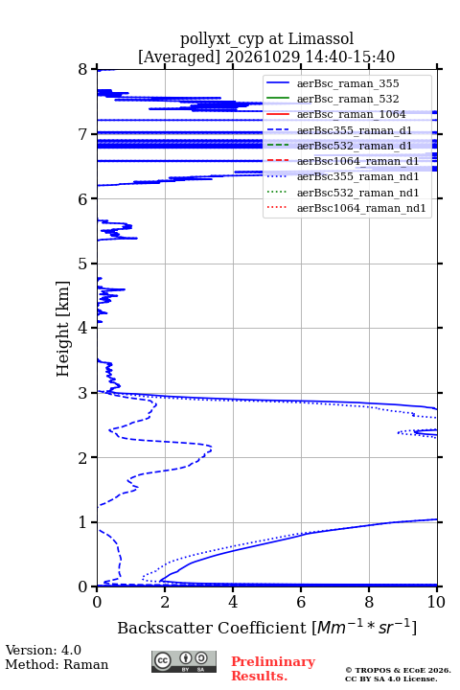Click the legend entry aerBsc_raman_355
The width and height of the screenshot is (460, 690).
[x=348, y=83]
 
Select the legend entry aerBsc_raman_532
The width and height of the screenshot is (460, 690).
[x=348, y=99]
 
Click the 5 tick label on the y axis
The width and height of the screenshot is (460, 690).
[x=83, y=264]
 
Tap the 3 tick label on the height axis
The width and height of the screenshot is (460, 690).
[x=83, y=393]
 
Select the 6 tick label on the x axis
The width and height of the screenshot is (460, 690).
[x=301, y=602]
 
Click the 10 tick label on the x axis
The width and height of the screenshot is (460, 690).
[x=437, y=602]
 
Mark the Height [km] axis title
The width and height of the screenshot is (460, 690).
[x=63, y=329]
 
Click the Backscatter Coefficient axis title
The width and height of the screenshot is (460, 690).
[x=266, y=627]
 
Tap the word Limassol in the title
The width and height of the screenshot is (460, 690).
[x=321, y=38]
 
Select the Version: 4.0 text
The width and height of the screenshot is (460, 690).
[x=43, y=650]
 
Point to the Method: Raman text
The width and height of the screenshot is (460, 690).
[x=57, y=664]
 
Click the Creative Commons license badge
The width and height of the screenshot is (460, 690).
[x=184, y=661]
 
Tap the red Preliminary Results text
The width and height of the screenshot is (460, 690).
[x=273, y=669]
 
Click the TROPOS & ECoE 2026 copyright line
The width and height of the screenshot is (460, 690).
[x=399, y=670]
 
